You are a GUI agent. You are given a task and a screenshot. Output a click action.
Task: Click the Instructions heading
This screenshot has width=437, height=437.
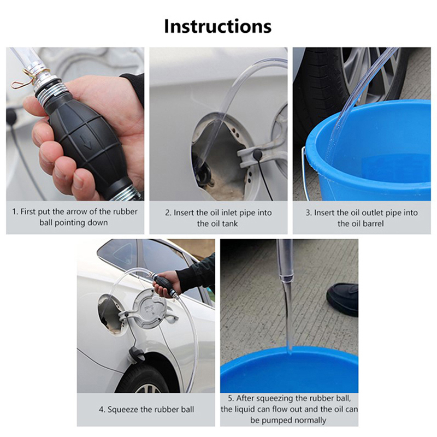coord(217,26)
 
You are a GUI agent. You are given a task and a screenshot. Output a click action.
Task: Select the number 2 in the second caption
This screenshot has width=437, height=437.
coord(167,212)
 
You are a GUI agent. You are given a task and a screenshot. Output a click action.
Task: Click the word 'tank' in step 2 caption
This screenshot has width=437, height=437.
coord(229,223)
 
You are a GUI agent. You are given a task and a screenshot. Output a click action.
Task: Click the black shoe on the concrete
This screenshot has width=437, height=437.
coord(342,299)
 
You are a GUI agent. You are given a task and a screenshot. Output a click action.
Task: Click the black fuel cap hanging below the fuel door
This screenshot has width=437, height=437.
coord(137,355)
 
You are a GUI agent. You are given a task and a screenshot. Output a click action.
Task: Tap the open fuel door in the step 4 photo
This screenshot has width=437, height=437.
coord(149,309)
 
